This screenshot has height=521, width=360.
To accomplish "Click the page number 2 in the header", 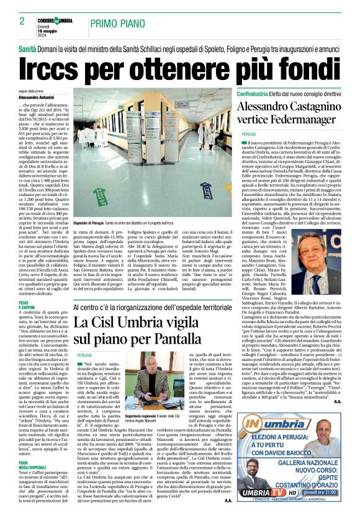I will pos(22,21).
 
